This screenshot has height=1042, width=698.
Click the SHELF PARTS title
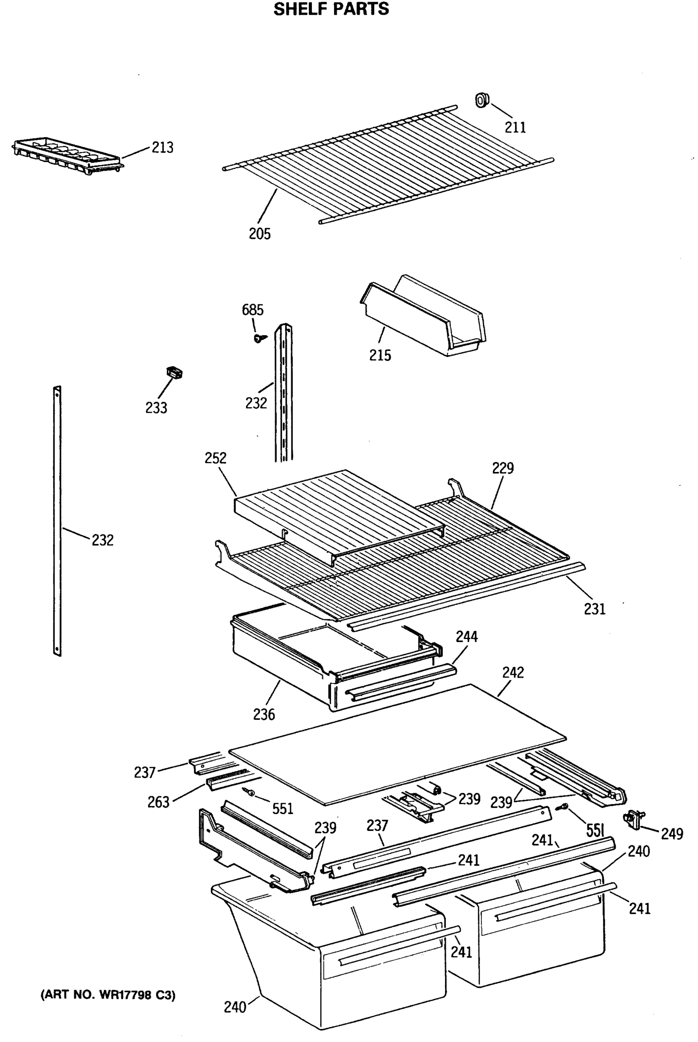331,9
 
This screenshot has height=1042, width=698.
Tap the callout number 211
515,127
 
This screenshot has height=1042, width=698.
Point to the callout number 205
259,234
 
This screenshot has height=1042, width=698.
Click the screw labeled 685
259,339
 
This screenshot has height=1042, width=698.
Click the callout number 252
216,458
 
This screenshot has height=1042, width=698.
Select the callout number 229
503,468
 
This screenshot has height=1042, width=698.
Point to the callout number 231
595,609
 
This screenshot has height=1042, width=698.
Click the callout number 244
466,636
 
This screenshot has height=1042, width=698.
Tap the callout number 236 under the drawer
264,715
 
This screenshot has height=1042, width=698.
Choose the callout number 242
513,672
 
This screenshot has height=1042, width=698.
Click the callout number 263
158,802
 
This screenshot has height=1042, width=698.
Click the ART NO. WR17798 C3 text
108,995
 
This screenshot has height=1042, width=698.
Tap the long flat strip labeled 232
57,521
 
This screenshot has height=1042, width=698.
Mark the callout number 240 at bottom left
235,1007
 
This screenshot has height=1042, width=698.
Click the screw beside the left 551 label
249,791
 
